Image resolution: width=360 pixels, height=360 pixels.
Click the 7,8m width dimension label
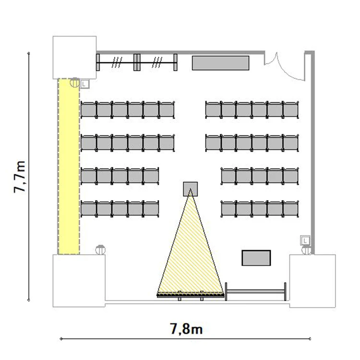point(186,329)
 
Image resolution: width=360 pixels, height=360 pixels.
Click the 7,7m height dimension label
point(20,177)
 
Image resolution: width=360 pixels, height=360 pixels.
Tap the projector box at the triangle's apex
point(191,189)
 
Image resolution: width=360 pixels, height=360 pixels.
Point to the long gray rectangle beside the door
point(221,63)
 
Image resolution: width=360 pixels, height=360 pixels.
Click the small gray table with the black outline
point(256,258)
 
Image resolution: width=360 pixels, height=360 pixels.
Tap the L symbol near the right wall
point(305,241)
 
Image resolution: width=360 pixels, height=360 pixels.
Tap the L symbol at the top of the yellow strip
point(84,84)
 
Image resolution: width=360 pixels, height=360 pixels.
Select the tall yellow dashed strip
point(69,167)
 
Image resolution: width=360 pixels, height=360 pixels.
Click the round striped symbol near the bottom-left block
point(100,250)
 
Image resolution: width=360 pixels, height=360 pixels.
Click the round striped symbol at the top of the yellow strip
point(75,83)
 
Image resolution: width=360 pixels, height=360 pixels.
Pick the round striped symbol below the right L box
point(307,250)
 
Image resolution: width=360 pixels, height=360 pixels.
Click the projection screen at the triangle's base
point(191,295)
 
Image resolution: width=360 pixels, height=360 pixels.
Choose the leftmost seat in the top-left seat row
point(89,110)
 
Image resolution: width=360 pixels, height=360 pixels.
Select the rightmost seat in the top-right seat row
point(291,110)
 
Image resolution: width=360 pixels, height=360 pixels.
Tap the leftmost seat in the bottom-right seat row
point(228,209)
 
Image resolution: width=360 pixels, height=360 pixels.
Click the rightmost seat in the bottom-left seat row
point(151,209)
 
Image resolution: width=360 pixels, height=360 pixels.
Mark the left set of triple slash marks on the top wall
point(117,62)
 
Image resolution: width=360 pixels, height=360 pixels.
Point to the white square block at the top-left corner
point(74,58)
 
